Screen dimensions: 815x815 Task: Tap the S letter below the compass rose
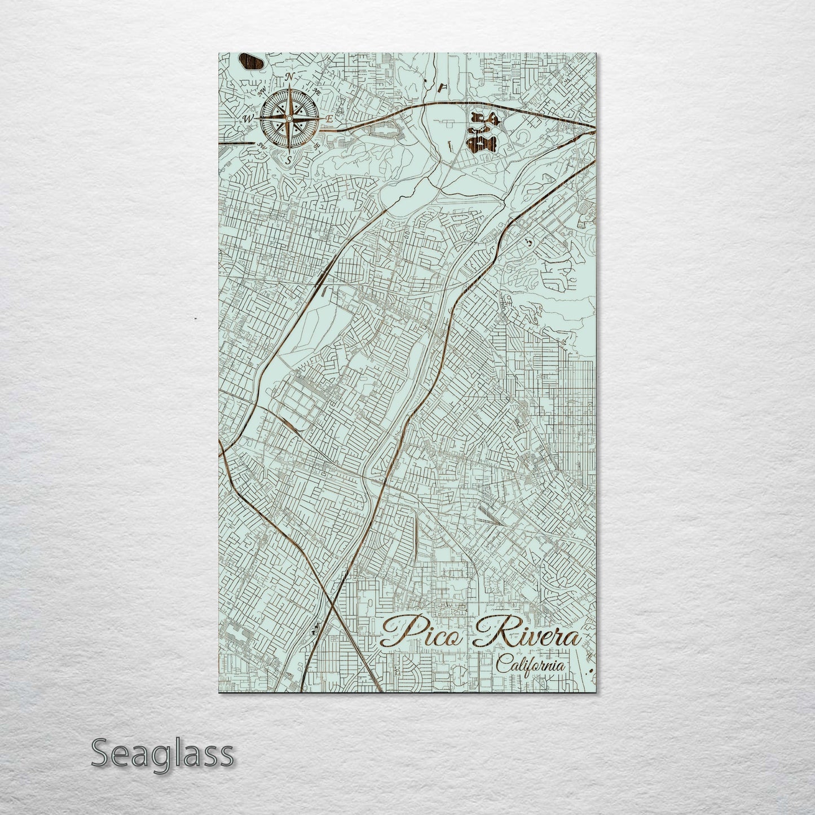point(288,160)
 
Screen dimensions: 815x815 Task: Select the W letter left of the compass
point(247,118)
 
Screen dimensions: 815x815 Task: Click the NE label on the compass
point(317,92)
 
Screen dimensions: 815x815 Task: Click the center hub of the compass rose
point(289,118)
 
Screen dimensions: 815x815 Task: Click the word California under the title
point(530,666)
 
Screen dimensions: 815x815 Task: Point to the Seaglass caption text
point(162,753)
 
